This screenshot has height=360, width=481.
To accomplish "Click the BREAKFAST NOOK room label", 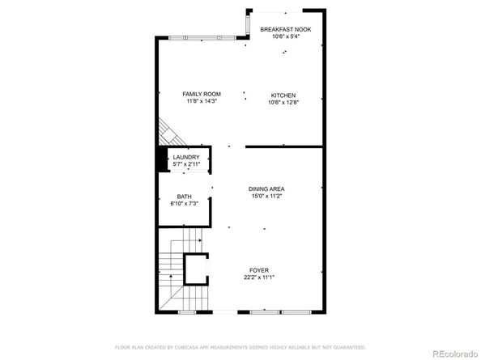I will (x=285, y=29).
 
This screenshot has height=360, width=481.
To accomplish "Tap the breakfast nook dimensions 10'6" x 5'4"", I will (x=285, y=36).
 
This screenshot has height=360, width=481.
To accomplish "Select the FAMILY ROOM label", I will (x=202, y=95).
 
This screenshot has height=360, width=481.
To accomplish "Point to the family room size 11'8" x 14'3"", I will (x=202, y=102).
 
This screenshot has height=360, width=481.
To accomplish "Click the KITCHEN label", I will (x=283, y=95).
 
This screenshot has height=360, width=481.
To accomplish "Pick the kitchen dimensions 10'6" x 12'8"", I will (x=283, y=102).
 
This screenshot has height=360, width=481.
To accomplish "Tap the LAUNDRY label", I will (x=185, y=157).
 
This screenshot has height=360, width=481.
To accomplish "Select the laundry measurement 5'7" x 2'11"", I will (x=185, y=164).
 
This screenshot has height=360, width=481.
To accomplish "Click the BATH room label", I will (x=185, y=197).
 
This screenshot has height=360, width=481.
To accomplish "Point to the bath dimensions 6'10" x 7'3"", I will (x=185, y=204).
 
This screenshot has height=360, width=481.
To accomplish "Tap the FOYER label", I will (x=259, y=270).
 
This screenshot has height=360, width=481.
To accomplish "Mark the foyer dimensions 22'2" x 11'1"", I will (x=259, y=277).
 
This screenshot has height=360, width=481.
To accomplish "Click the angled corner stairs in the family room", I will (x=165, y=129).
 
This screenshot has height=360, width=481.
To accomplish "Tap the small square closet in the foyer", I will (x=196, y=269).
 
